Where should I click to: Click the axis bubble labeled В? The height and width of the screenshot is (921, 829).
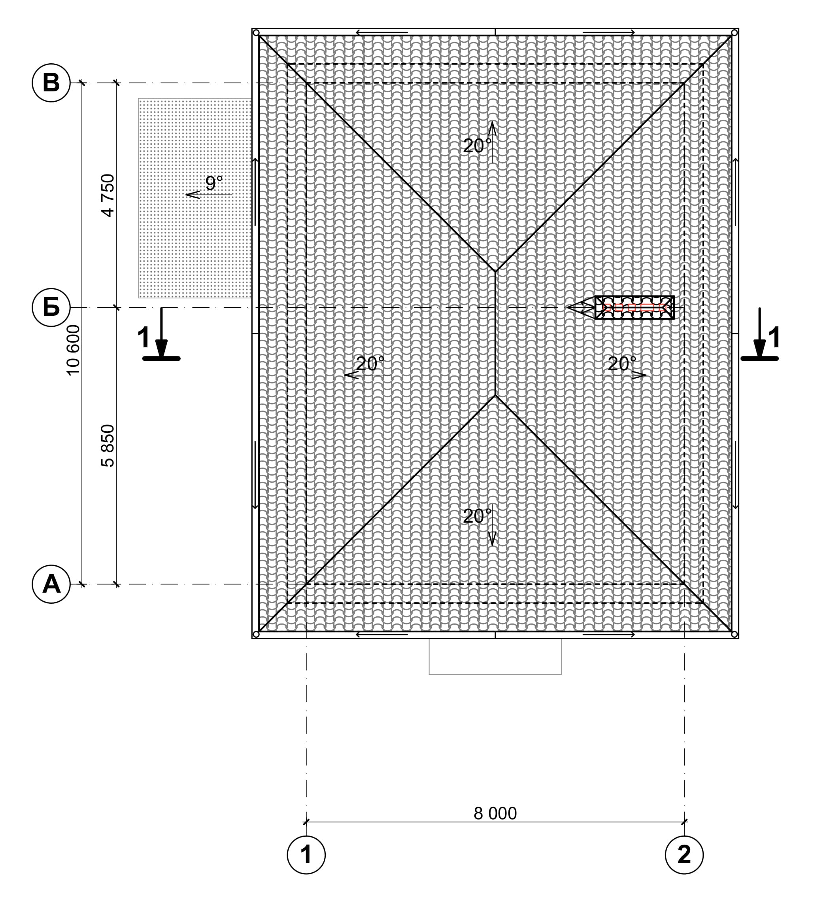51,83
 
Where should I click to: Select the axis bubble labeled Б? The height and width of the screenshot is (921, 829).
51,308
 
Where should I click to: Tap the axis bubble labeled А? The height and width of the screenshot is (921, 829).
51,584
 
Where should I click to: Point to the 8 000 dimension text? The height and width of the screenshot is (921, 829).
495,813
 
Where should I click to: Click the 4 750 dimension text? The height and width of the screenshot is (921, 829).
108,195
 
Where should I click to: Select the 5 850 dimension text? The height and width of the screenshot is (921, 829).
108,446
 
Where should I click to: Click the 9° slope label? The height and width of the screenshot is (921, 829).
214,183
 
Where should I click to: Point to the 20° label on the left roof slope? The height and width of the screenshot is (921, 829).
370,364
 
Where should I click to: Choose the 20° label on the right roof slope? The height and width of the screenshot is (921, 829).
622,364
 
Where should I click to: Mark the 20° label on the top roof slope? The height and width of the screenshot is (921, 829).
477,146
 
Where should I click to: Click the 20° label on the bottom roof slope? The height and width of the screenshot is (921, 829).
477,516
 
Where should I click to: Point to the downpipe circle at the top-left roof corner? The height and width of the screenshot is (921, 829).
256,33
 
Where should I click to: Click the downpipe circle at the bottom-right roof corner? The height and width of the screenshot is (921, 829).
734,634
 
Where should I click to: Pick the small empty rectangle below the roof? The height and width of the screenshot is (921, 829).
495,657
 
